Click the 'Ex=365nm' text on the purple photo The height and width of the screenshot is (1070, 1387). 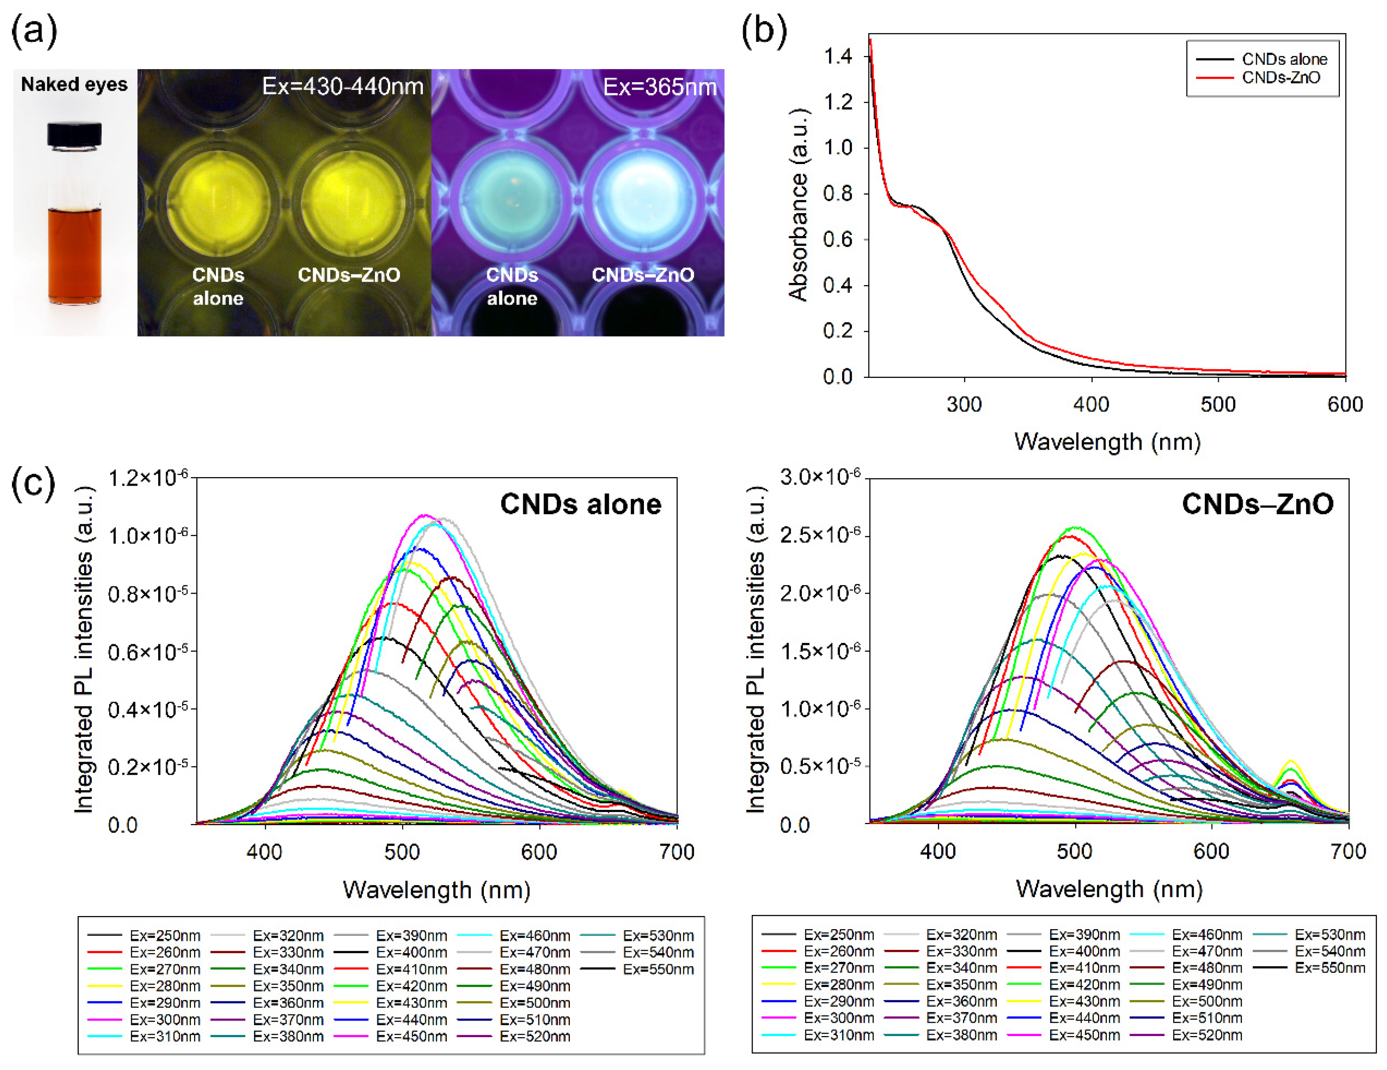[x=659, y=86]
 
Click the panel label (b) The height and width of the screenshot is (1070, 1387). [x=764, y=31]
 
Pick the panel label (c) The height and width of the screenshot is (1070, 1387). [x=33, y=484]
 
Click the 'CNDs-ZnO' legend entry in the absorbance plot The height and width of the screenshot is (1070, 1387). [x=1280, y=78]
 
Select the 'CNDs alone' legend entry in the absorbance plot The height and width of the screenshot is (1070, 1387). [x=1284, y=59]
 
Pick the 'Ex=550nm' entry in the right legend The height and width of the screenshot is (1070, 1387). [x=1330, y=968]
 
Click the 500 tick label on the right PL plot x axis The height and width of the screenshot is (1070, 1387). [x=1074, y=851]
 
